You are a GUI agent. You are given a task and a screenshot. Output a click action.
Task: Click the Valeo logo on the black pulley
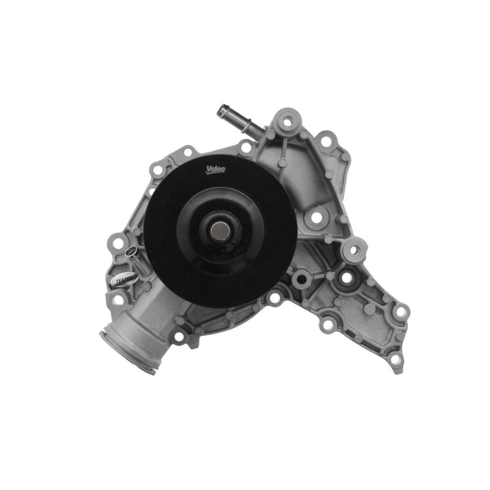tap(216, 169)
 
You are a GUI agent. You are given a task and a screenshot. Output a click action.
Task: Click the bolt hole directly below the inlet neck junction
tap(179, 337)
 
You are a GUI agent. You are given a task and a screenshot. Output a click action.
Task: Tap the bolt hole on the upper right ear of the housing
tap(325, 142)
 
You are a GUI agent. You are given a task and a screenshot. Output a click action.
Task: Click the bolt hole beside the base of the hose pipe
tap(246, 148)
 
